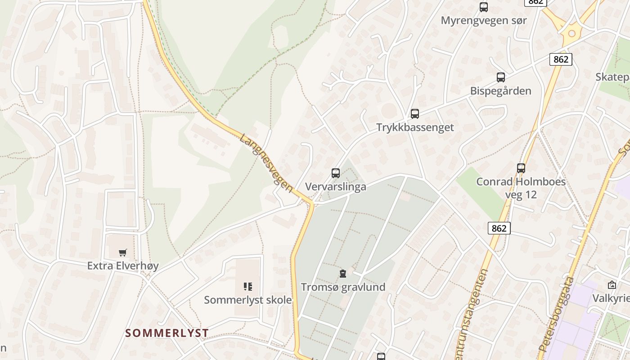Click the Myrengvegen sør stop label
click(x=483, y=20)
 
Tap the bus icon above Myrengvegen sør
click(x=484, y=7)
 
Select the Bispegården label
click(x=500, y=91)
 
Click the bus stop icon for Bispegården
click(x=501, y=77)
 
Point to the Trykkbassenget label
click(x=415, y=127)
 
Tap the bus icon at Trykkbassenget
click(x=415, y=114)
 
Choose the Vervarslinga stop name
click(x=335, y=187)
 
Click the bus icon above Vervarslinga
click(x=336, y=173)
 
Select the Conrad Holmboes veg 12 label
click(x=521, y=188)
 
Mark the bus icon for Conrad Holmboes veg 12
click(x=521, y=168)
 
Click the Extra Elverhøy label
click(x=123, y=266)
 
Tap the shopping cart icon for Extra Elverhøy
click(x=123, y=252)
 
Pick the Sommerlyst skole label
click(x=248, y=300)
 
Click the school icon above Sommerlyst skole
click(x=248, y=287)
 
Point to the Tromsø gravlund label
click(x=343, y=287)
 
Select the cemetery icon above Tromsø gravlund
click(x=343, y=274)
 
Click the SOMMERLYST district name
click(x=167, y=333)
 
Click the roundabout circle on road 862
click(x=572, y=33)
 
